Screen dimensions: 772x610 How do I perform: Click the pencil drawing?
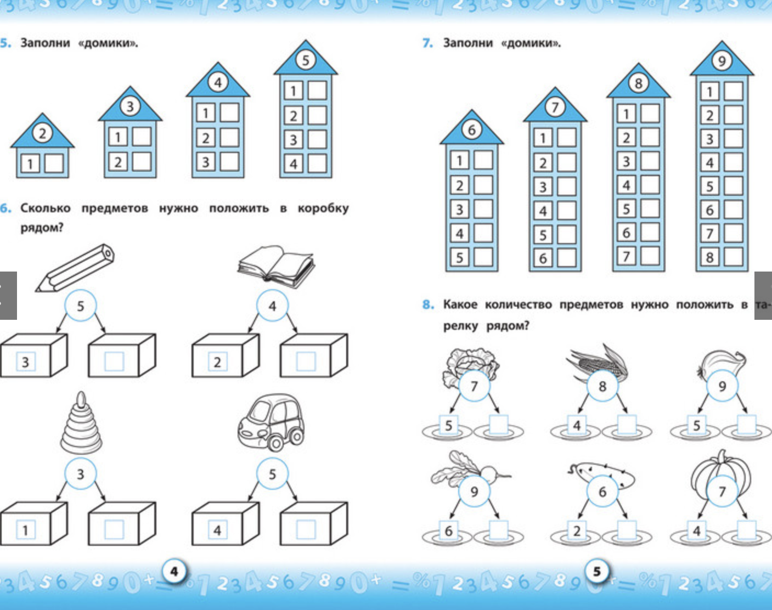(75, 268)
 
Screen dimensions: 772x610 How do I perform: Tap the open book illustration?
(276, 266)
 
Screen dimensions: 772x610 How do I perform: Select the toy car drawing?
(271, 422)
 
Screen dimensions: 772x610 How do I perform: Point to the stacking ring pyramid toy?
(81, 422)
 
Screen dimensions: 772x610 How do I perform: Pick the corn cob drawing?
(598, 362)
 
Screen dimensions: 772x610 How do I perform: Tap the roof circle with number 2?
(42, 133)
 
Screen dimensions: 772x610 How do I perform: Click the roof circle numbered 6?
(471, 130)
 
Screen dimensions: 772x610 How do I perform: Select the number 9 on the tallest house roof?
(722, 61)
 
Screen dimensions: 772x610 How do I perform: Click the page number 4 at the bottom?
(174, 572)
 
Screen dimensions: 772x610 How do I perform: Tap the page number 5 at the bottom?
(596, 572)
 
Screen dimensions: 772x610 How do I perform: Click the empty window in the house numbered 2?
(54, 163)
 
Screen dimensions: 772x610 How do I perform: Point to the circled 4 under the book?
(272, 306)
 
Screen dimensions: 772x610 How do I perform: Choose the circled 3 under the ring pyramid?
(80, 474)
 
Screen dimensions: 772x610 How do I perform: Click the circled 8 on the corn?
(602, 386)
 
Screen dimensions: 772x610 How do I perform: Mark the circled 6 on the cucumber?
(602, 492)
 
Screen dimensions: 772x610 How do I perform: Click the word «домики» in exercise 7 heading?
(531, 43)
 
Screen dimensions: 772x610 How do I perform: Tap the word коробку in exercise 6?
(323, 208)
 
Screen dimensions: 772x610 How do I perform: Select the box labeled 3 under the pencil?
(33, 356)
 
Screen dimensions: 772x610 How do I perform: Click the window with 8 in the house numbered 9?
(709, 257)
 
